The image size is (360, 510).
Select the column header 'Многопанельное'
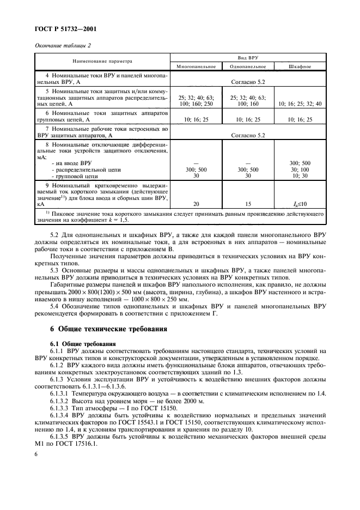pos(196,66)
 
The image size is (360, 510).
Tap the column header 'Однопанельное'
pos(248,66)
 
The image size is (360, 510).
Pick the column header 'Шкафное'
pos(300,66)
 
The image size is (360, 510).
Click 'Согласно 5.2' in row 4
pos(248,81)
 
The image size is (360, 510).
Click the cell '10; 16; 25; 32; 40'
pos(300,104)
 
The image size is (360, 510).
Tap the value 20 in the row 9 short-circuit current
pos(196,203)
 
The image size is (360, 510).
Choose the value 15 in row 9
pos(248,203)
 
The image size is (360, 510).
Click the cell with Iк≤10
pos(300,203)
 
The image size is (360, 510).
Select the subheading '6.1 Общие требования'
pos(82,344)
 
